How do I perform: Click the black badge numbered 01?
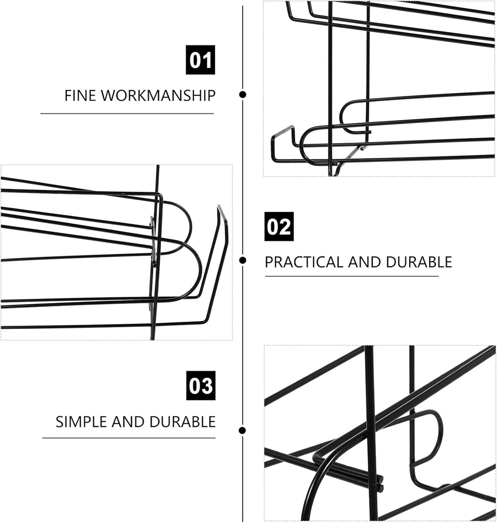coord(200,60)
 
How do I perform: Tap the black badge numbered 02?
coord(279,226)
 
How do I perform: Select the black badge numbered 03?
coord(200,386)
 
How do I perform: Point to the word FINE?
coord(79,96)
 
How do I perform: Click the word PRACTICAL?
coord(304,263)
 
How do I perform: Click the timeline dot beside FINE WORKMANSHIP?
coord(243,94)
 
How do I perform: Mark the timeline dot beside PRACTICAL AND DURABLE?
coord(243,260)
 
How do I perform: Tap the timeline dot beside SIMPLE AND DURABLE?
coord(243,431)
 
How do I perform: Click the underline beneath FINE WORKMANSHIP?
coord(127,113)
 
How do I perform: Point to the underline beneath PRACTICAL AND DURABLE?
coord(351,276)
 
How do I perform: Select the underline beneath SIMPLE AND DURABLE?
coord(129,438)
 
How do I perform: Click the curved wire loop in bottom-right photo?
coord(434,434)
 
